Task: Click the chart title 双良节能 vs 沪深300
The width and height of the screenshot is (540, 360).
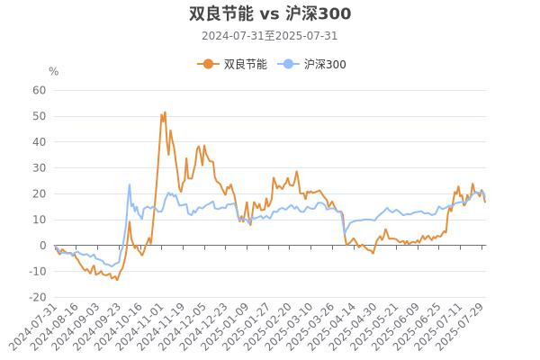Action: click(270, 13)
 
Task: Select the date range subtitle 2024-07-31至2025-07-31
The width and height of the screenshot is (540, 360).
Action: click(270, 36)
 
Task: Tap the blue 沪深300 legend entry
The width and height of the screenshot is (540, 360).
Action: click(315, 64)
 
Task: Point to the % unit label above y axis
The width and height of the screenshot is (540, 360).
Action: click(53, 72)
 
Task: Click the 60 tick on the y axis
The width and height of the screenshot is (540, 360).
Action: click(39, 90)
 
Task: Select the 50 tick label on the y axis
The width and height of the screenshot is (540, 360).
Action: click(39, 116)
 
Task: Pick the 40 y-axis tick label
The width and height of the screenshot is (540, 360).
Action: click(39, 142)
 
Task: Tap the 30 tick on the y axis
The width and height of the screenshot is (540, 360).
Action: click(39, 167)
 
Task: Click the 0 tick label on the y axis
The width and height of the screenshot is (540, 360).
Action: click(42, 246)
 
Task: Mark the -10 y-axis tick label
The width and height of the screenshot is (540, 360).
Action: click(37, 272)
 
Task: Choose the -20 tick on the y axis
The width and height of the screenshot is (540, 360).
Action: click(37, 298)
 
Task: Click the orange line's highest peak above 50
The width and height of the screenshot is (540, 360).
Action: click(165, 112)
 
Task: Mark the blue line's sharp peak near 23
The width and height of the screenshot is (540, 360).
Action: click(130, 184)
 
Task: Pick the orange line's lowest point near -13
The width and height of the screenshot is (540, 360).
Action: click(116, 280)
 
